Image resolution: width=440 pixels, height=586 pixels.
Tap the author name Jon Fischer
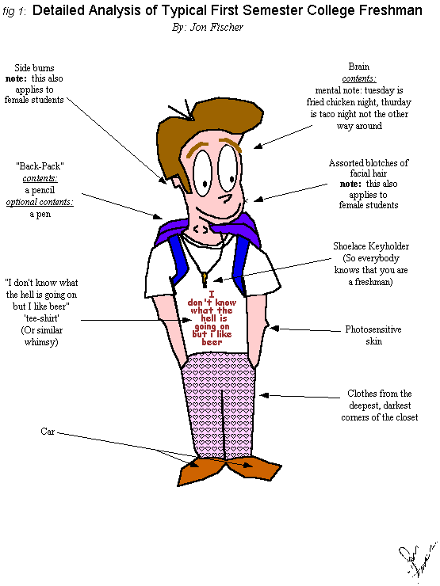coord(216,27)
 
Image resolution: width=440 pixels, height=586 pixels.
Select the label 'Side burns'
coord(34,67)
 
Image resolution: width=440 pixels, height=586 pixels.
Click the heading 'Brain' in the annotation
coord(359,67)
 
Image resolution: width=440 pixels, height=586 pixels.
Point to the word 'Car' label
coord(48,432)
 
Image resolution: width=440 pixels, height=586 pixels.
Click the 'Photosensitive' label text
coord(373,329)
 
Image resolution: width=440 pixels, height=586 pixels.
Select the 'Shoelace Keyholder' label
coord(371,246)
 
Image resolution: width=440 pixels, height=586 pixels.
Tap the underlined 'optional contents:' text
coord(40,202)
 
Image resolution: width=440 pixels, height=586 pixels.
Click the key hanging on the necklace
coord(205,279)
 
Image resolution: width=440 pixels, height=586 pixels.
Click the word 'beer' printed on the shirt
coord(212,342)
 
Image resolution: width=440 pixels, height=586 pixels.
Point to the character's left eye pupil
coord(205,183)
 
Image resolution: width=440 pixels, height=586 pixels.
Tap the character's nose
coord(225,197)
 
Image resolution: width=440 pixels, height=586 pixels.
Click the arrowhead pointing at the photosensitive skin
coord(274,329)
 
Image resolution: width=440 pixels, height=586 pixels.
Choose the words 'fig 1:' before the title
coord(14,12)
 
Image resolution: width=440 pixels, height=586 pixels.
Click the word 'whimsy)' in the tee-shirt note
coord(41,342)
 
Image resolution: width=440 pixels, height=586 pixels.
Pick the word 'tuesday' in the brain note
coord(380,90)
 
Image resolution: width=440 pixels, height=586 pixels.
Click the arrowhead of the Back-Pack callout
coord(159,216)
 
